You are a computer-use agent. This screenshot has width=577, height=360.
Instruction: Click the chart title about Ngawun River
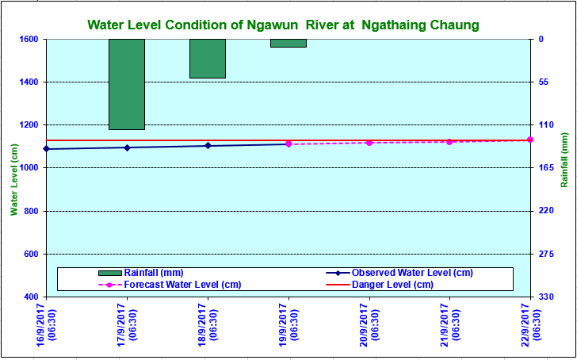(284, 25)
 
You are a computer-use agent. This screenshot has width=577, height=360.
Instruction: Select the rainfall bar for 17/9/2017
(127, 84)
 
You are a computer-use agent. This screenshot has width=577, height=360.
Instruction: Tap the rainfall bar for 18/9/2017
(208, 59)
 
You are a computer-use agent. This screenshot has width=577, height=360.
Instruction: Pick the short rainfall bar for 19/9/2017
(288, 43)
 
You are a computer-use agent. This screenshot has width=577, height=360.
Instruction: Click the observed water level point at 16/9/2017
(46, 149)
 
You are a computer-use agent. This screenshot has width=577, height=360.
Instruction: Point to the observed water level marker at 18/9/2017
(208, 146)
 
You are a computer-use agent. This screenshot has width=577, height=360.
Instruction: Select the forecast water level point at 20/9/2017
(369, 143)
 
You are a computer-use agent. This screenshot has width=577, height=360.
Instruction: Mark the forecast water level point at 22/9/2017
(530, 140)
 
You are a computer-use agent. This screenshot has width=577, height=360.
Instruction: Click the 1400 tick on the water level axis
(29, 82)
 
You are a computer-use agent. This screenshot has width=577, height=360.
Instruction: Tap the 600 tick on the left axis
(32, 255)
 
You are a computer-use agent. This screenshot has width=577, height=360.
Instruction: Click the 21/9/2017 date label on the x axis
(451, 325)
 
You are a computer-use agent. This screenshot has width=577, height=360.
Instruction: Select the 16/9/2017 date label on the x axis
(47, 325)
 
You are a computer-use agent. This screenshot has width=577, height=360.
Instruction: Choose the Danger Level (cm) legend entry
(392, 285)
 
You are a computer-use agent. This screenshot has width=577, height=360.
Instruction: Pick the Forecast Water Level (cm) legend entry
(182, 285)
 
